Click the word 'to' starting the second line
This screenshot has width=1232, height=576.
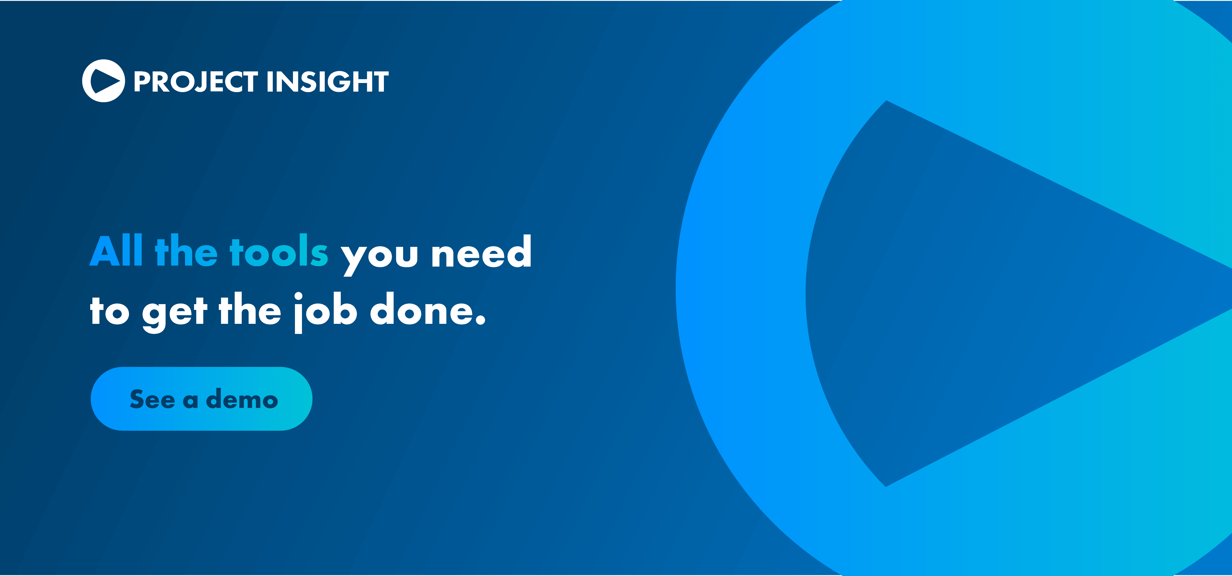(x=109, y=311)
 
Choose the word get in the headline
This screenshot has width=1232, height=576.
(x=174, y=313)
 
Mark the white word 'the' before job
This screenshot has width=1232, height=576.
(x=250, y=310)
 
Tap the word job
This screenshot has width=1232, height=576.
(x=325, y=312)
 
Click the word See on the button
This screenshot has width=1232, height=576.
(x=152, y=399)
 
